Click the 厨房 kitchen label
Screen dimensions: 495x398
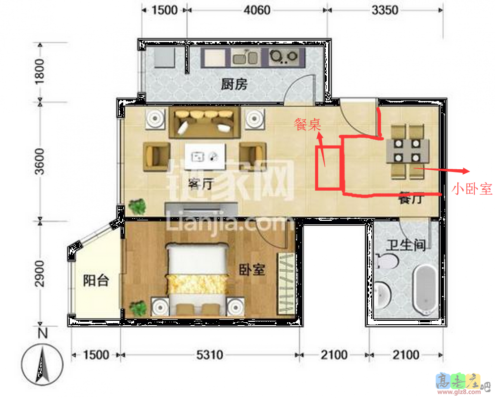coord(234,84)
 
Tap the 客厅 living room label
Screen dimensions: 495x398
coord(201,184)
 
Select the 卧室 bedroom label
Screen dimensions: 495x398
coord(251,269)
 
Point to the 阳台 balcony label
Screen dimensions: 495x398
coord(96,280)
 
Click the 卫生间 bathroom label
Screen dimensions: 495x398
coord(406,245)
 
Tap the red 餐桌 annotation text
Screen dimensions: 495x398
coord(307,124)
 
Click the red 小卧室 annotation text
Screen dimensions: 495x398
coord(472,189)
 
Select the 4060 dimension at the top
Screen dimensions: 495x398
coord(257,10)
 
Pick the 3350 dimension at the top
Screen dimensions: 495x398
coord(385,10)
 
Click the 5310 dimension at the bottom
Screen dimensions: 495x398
coord(209,355)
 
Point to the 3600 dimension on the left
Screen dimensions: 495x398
coord(40,161)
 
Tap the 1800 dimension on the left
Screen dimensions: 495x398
coord(40,72)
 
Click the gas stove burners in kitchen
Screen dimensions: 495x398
coord(284,57)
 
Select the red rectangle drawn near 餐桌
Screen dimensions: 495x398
coord(329,168)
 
